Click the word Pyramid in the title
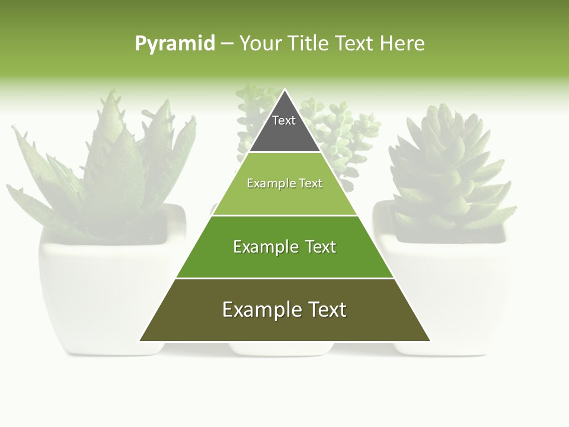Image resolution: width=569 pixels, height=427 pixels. (x=175, y=43)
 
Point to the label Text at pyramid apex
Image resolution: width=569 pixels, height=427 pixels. (x=284, y=120)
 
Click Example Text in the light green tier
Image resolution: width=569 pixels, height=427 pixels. (x=284, y=183)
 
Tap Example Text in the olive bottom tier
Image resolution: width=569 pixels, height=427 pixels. (x=284, y=310)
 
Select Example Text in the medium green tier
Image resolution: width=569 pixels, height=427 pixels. (x=284, y=247)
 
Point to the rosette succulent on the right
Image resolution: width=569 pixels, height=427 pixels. (x=450, y=166)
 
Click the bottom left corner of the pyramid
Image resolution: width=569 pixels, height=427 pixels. (x=140, y=341)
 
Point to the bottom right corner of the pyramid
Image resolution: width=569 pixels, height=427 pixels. (x=430, y=341)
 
